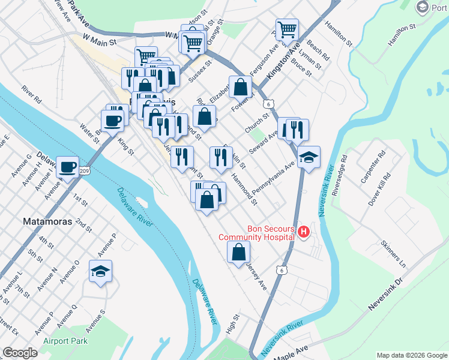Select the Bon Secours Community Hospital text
256,232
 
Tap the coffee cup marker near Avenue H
67,167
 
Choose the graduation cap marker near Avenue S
100,271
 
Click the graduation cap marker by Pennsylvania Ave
309,158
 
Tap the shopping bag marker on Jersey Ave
238,253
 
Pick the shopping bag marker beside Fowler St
240,87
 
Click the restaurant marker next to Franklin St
221,157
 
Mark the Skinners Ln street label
394,254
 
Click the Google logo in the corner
20,353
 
